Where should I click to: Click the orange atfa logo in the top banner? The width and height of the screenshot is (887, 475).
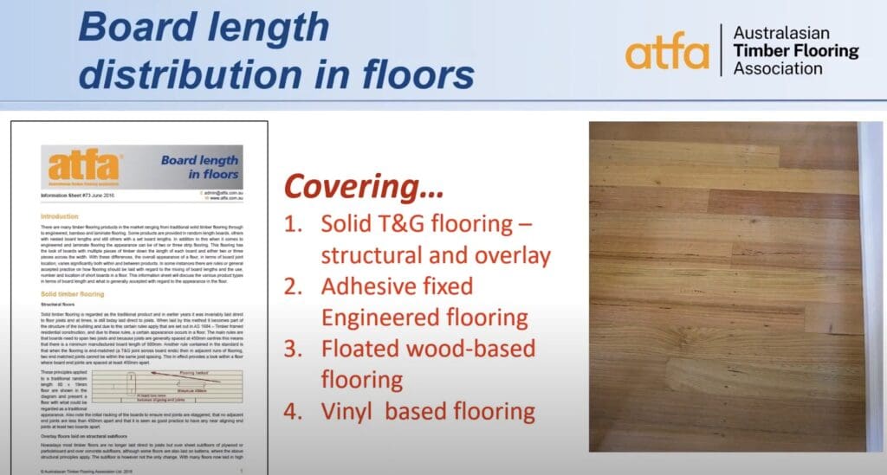668,51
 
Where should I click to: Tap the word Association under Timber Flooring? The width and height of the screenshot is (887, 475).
778,68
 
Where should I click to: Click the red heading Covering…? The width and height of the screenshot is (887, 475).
365,186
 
